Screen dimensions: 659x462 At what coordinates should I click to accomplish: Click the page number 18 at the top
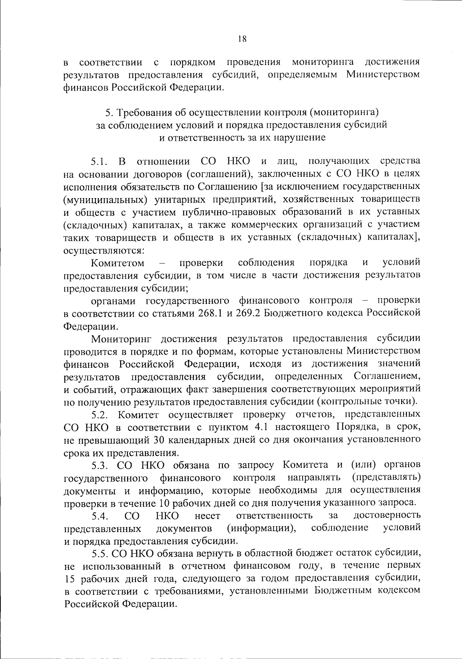(242, 39)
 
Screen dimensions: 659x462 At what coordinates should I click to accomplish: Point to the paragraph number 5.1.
(101, 162)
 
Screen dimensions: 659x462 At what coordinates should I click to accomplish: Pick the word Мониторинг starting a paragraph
(122, 339)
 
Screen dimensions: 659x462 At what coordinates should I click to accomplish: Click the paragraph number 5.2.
(101, 415)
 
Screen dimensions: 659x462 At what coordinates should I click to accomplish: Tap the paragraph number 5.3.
(101, 465)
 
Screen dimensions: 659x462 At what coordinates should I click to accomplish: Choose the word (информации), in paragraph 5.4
(261, 528)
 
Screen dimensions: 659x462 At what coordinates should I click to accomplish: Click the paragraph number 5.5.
(101, 553)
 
